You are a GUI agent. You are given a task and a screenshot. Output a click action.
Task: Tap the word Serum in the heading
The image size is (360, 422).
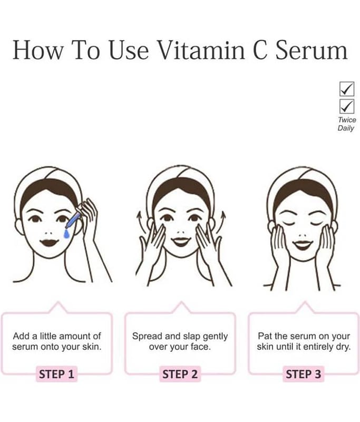coord(312,50)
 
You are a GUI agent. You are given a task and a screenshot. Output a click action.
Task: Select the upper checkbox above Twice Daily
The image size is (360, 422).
coord(347,89)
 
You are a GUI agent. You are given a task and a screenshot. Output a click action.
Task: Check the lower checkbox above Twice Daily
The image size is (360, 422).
coord(347,107)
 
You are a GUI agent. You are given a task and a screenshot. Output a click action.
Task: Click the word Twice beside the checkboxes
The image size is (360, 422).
coord(347,120)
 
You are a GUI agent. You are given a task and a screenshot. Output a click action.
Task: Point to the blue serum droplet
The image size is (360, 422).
coord(66,234)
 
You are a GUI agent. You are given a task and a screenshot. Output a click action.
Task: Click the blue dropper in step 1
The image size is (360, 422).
coord(73,220)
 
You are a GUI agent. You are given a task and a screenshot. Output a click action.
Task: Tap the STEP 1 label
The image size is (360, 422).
coord(56,374)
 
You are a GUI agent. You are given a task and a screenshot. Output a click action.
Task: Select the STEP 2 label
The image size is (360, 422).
coord(180,374)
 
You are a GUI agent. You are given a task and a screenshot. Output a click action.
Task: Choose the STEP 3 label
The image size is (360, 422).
coord(303,374)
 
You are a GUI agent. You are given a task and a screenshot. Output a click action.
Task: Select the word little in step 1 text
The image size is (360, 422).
coord(48,336)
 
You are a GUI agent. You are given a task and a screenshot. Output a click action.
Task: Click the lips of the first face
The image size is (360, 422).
coord(50,242)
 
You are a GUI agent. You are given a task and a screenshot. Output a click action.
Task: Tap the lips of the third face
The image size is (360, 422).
coord(303,245)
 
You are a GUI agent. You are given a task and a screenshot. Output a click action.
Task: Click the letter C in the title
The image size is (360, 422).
coord(260,50)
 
